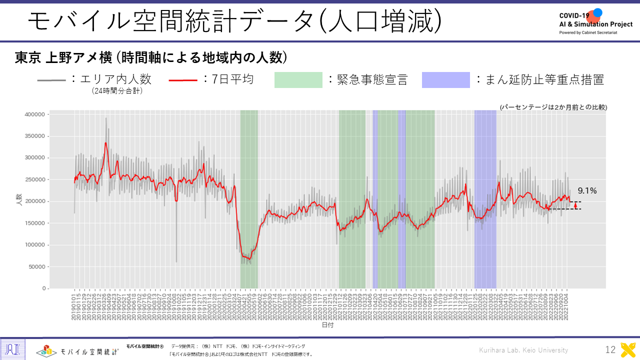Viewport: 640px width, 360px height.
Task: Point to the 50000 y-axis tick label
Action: (37, 267)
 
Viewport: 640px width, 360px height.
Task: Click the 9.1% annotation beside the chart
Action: (587, 190)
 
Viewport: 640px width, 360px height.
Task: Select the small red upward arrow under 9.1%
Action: (575, 205)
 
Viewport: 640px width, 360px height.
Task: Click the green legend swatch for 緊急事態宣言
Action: (298, 80)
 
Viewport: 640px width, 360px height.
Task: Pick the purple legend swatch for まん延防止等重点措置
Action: (445, 80)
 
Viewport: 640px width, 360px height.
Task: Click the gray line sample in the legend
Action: (51, 80)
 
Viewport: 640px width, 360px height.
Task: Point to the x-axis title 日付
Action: (327, 325)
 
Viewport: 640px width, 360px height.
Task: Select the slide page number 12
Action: (610, 350)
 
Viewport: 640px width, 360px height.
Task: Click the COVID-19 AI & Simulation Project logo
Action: (595, 21)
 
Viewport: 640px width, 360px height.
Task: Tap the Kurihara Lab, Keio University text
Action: (523, 350)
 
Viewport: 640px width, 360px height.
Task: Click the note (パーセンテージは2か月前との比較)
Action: (553, 107)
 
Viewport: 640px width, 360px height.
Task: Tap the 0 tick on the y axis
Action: (44, 288)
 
